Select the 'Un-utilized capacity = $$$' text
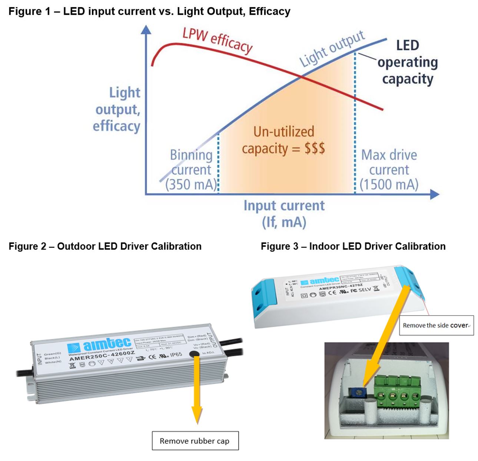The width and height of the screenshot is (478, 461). (283, 140)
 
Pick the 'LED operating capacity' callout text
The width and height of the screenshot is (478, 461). (408, 62)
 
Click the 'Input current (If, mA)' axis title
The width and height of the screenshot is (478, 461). (284, 214)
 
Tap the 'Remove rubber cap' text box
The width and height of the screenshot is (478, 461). (195, 441)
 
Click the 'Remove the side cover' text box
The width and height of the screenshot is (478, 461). (436, 325)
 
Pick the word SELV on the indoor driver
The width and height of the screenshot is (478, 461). (365, 290)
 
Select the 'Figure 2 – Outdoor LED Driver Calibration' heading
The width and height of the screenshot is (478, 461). (105, 246)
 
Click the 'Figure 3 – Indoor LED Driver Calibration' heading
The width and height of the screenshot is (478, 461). (353, 246)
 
